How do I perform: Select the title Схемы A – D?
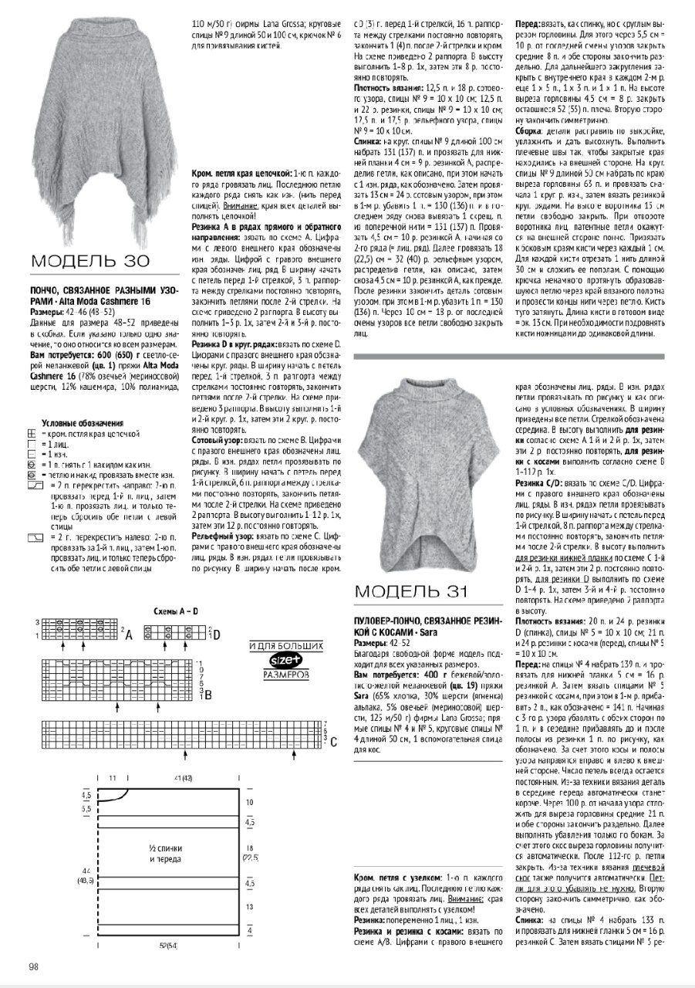point(177,611)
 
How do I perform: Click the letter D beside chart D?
point(217,635)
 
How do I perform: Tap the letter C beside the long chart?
point(333,743)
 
